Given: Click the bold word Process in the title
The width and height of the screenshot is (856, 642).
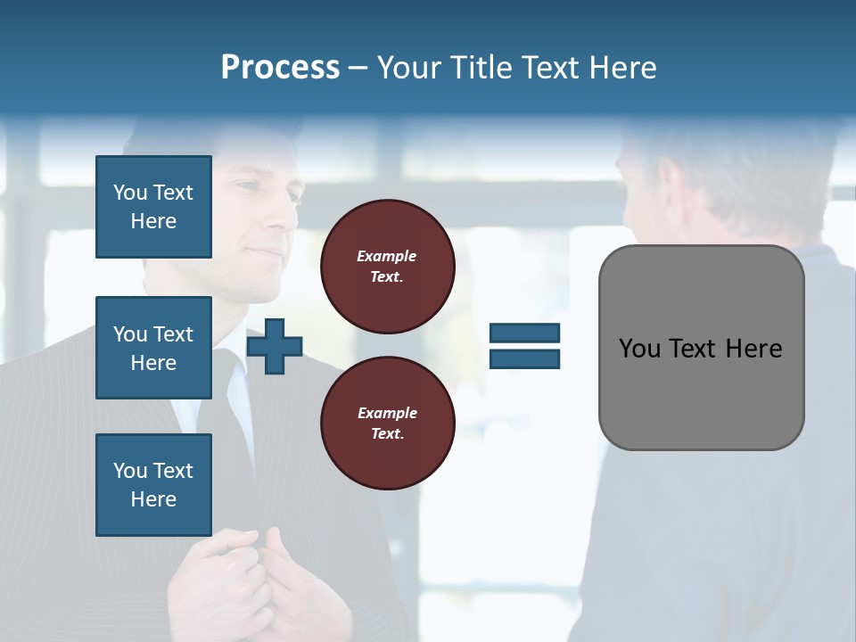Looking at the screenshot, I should [280, 68].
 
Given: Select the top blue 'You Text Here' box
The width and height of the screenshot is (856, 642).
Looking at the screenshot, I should [153, 207].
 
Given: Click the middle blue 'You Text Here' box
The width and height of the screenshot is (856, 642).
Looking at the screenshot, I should [153, 348].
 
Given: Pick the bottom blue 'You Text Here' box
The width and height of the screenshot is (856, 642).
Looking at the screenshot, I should [153, 485].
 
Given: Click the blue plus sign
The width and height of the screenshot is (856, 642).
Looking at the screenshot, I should [275, 346].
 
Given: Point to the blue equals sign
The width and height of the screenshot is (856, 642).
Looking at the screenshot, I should [524, 346].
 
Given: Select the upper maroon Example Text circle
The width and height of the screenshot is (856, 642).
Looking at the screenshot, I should [388, 267].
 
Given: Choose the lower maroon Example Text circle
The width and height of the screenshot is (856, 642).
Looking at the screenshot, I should [388, 424].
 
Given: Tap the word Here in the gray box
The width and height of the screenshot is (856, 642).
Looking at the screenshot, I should [753, 349].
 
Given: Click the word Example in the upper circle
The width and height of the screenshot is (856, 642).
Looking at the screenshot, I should [387, 256].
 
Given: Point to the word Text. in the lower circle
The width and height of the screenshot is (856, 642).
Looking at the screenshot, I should [387, 434].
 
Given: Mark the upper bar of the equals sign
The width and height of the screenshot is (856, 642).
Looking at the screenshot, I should [524, 333].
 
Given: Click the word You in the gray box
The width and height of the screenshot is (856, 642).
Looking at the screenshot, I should [639, 349].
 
